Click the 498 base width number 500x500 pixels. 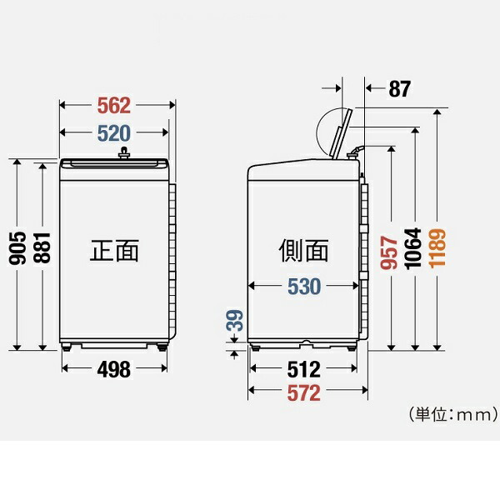pos(114,369)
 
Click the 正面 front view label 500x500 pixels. pos(114,250)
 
